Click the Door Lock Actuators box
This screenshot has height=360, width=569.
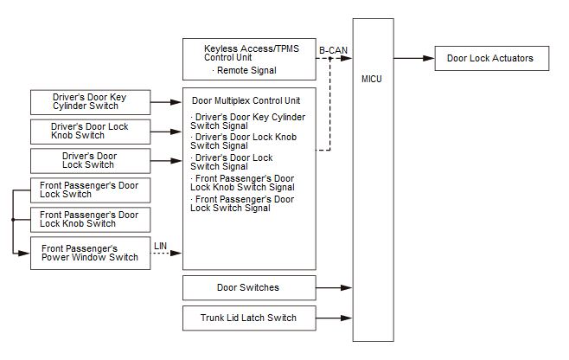[492, 58]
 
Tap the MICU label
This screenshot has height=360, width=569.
[372, 79]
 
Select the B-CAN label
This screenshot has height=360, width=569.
[333, 50]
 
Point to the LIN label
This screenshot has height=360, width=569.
[160, 246]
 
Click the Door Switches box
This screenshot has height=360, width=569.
[249, 287]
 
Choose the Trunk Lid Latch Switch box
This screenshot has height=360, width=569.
[249, 318]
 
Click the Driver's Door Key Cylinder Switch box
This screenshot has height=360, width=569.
[90, 102]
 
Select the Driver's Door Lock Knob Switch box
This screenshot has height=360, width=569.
[90, 132]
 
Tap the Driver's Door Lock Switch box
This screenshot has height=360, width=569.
[90, 161]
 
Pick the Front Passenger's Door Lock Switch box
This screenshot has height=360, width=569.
[90, 190]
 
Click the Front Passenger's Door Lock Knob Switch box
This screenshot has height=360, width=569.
[90, 220]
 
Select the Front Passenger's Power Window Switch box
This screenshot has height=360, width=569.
[90, 254]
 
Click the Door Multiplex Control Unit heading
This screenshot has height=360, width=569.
[246, 100]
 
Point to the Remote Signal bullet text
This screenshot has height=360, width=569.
[246, 70]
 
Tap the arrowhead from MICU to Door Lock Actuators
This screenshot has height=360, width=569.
[429, 58]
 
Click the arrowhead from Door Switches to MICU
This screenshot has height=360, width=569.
[347, 287]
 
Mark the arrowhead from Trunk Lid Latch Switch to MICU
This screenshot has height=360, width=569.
[347, 318]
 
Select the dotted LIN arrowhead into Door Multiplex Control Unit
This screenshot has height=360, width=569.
[176, 254]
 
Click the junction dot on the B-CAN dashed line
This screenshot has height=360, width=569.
[330, 58]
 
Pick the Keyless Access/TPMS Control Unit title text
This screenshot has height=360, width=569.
[252, 53]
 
